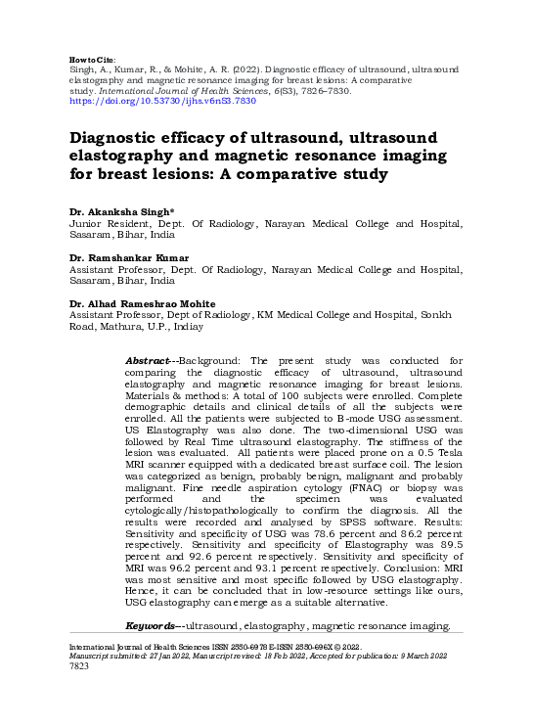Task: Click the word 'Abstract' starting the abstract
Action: [x=148, y=361]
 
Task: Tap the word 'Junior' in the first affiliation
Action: [x=84, y=224]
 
